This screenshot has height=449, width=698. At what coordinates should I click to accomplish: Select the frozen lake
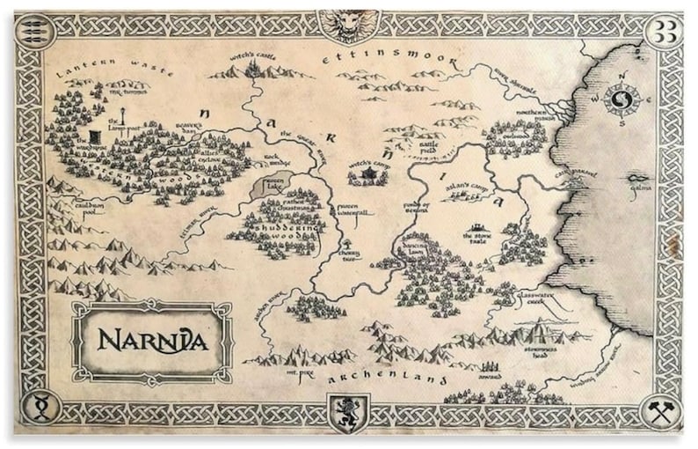pyautogui.click(x=266, y=186)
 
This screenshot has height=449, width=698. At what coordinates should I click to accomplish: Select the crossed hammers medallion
pyautogui.click(x=662, y=409)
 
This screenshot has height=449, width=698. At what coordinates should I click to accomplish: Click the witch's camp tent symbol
pyautogui.click(x=368, y=176)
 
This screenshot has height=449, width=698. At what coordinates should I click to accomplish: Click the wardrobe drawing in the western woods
pyautogui.click(x=94, y=137)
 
